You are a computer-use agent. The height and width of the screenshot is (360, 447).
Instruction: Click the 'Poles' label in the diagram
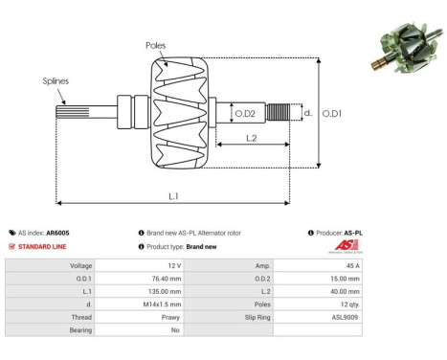157,45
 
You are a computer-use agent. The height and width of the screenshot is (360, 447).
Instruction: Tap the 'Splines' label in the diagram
56,81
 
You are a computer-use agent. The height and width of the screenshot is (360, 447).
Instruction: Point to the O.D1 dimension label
332,114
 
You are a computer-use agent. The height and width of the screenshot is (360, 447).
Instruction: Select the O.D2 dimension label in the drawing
246,115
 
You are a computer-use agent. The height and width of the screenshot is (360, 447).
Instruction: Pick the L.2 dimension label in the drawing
249,140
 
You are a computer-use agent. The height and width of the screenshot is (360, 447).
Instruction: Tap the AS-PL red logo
353,246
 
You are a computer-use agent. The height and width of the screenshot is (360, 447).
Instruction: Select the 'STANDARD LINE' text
45,246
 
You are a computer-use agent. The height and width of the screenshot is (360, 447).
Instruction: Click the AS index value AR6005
57,233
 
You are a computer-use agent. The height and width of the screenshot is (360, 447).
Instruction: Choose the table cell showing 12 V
173,265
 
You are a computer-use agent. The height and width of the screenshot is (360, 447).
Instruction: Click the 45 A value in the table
352,265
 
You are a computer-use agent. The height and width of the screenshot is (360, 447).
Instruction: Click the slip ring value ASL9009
346,315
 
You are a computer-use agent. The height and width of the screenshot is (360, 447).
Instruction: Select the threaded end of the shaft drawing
279,114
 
